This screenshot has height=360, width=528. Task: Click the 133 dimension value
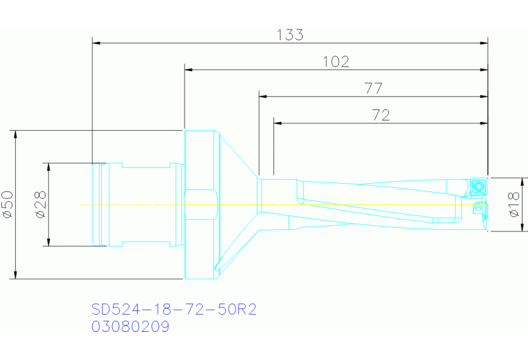290,35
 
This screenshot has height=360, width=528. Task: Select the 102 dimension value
336,62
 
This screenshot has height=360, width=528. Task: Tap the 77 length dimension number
374,88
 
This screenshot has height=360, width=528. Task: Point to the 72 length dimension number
381,115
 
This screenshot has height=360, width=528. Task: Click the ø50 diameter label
8,204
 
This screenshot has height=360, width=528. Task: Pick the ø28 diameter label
40,204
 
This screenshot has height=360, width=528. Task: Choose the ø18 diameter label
513,204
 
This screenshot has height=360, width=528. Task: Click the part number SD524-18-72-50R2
174,310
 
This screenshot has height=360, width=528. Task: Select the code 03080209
130,327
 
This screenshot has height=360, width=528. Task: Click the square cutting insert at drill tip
479,185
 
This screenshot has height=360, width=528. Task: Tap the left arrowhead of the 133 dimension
97,43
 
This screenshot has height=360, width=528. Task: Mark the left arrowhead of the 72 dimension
278,123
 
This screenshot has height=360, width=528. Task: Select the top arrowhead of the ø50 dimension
15,134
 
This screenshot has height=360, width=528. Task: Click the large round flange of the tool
201,204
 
